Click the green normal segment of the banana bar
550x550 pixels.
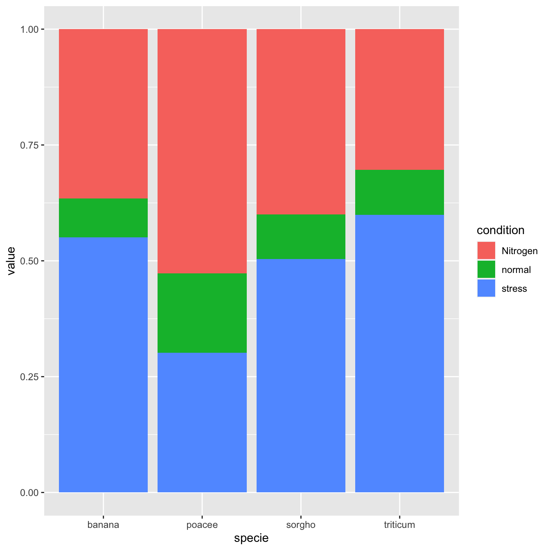tap(103, 218)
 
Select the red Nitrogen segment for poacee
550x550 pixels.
tap(202, 151)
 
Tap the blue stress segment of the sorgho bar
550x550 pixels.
tap(301, 375)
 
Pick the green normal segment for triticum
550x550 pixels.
tap(399, 192)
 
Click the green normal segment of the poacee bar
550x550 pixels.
tap(202, 313)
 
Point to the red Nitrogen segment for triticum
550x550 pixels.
tap(399, 99)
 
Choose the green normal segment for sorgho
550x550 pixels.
tap(301, 237)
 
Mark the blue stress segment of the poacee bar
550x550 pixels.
tap(202, 422)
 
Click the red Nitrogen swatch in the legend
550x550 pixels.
tap(486, 251)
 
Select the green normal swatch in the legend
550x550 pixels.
tap(486, 270)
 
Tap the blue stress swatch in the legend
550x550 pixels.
tap(486, 289)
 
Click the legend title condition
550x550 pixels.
tap(500, 230)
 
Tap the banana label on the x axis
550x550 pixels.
tap(103, 525)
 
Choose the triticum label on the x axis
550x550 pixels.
tap(399, 525)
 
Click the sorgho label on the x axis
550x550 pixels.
tap(301, 525)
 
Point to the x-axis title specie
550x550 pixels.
tap(251, 538)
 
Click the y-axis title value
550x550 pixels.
tap(11, 261)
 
